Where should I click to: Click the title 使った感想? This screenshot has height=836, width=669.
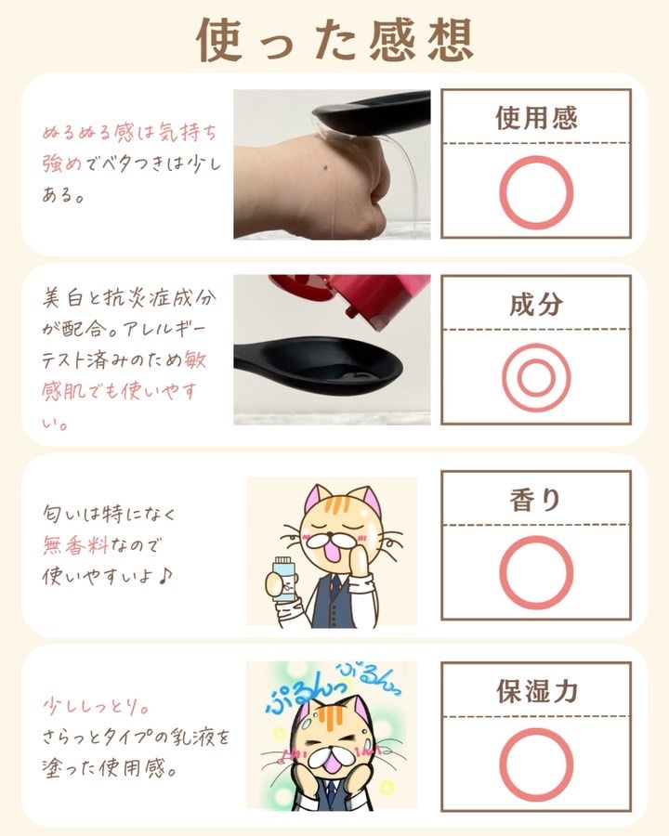[x=334, y=39]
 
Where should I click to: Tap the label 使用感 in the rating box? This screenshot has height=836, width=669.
[x=536, y=118]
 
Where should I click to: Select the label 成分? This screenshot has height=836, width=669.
[x=536, y=305]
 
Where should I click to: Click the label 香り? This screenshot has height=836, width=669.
[x=535, y=500]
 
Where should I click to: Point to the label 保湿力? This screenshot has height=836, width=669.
[x=537, y=691]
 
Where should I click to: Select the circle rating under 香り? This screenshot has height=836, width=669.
[x=536, y=537]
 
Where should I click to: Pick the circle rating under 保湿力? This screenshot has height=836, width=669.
[x=536, y=728]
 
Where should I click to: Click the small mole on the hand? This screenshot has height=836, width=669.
[x=326, y=169]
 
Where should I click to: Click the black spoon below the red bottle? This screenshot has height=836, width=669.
[x=319, y=361]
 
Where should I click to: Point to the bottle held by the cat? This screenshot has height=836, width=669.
[x=283, y=580]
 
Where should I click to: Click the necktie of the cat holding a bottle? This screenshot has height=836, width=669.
[x=334, y=587]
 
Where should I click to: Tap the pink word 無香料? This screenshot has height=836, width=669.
[x=76, y=545]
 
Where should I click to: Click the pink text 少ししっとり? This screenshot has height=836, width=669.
[x=96, y=707]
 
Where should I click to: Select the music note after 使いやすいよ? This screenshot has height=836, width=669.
[x=164, y=576]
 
